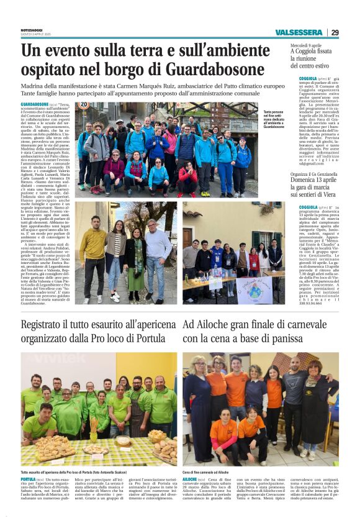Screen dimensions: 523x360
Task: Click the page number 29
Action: pyautogui.click(x=335, y=32)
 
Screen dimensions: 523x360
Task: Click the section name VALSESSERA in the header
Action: pyautogui.click(x=299, y=32)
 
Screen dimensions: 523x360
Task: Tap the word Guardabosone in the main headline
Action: pyautogui.click(x=212, y=68)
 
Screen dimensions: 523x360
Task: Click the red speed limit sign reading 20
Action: pyautogui.click(x=84, y=105)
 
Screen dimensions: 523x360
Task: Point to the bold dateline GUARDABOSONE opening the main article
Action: pyautogui.click(x=35, y=104)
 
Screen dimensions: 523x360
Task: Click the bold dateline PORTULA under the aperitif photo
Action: pyautogui.click(x=28, y=480)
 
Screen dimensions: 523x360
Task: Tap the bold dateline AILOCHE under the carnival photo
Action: pyautogui.click(x=189, y=480)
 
